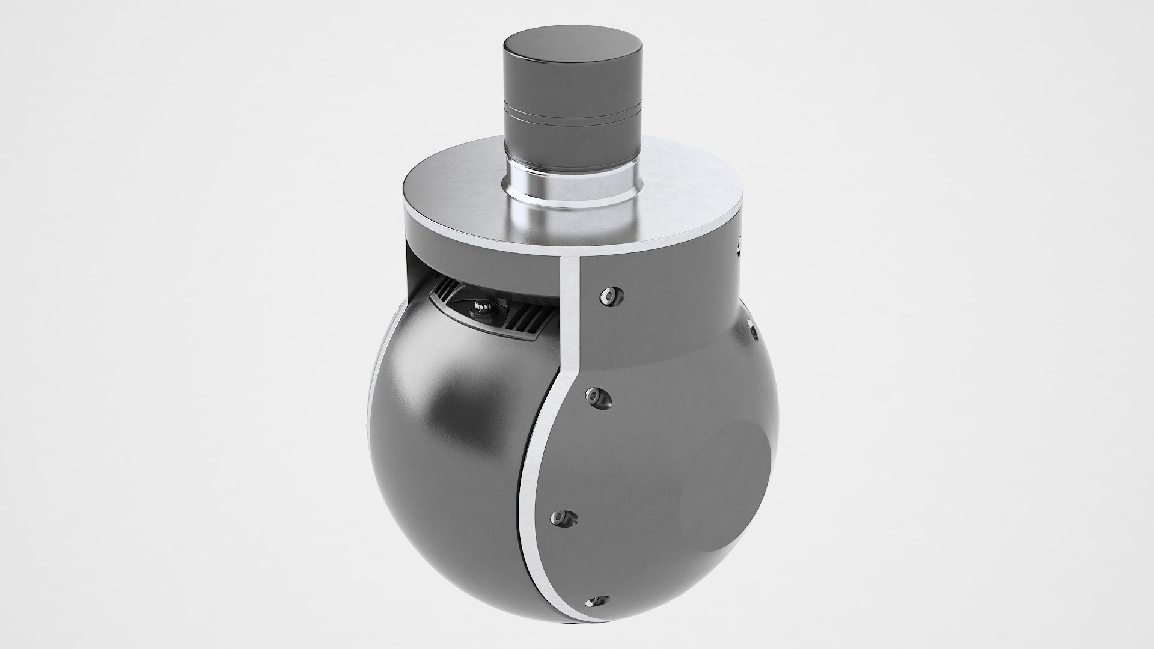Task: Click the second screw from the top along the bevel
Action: pos(597,397)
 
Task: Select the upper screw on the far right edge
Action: pos(739,245)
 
